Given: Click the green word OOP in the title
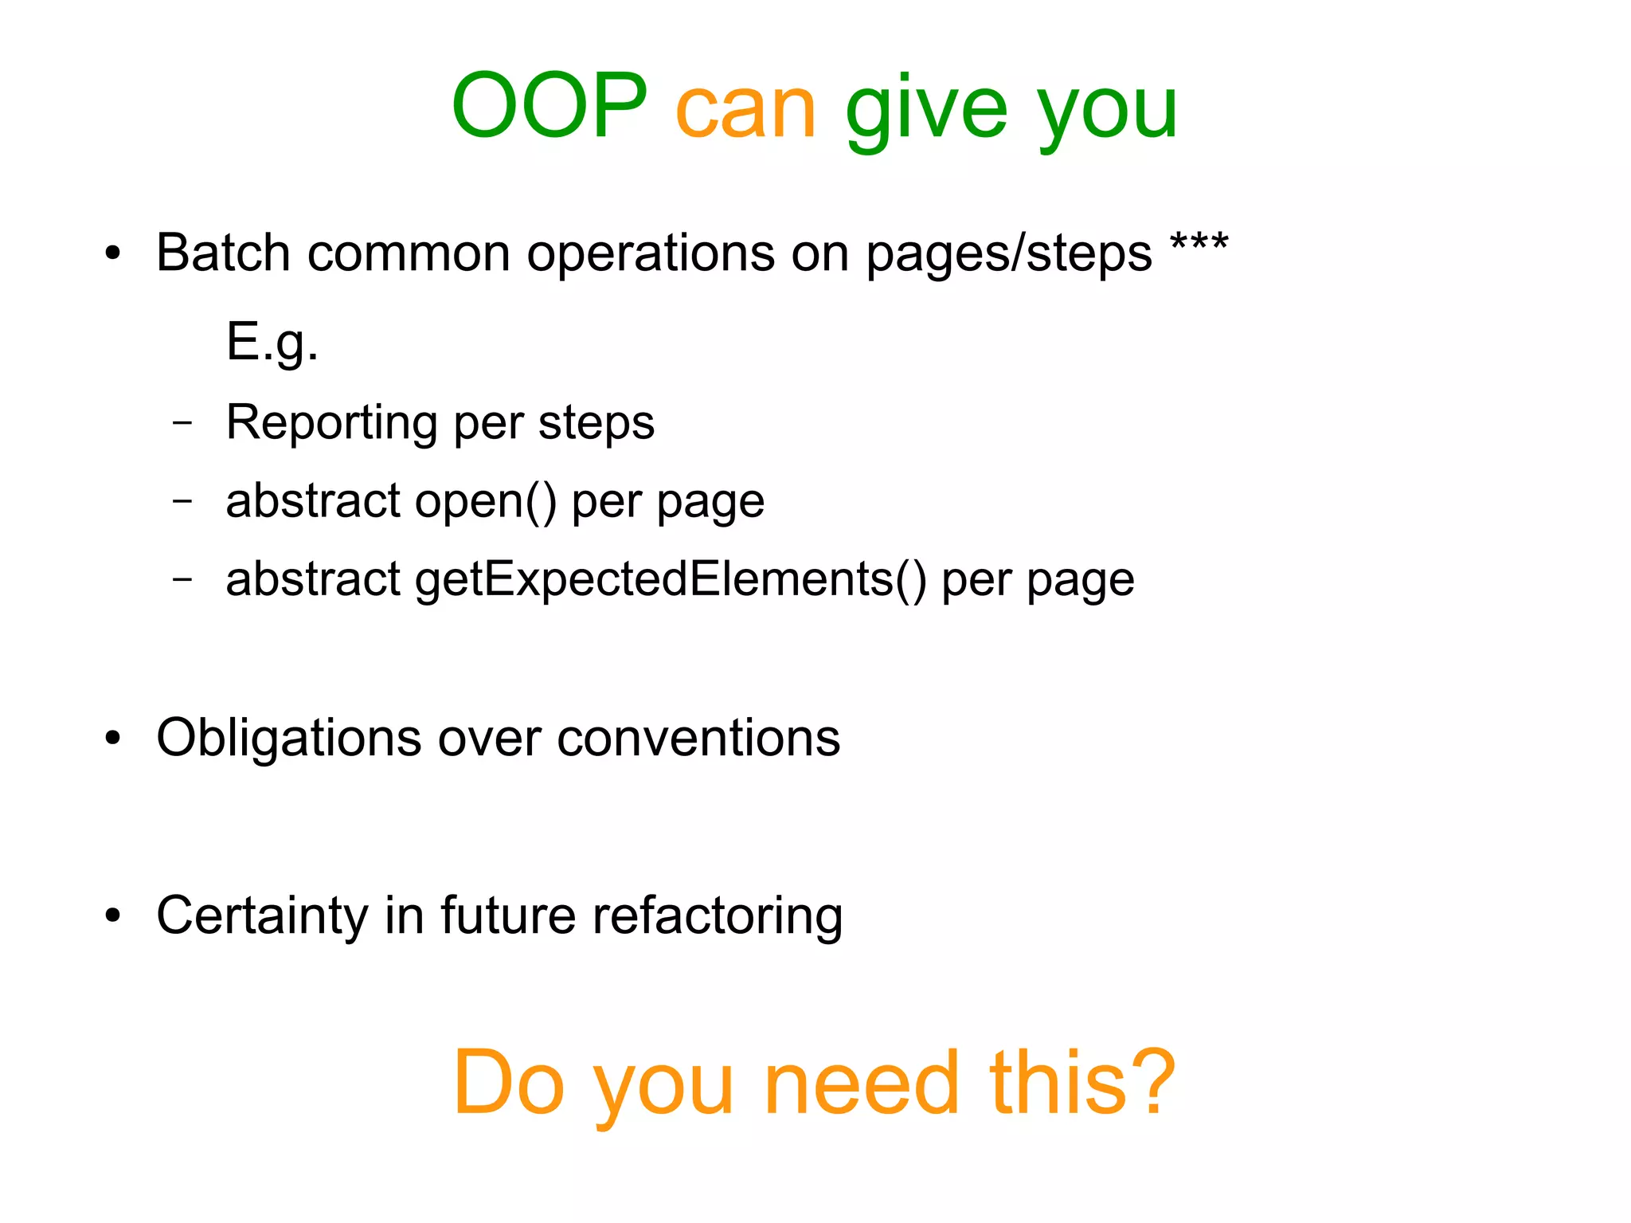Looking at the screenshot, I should click(x=550, y=106).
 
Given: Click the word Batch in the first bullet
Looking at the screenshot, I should click(x=223, y=253).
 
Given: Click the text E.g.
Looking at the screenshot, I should click(x=272, y=343).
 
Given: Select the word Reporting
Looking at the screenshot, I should click(x=331, y=423).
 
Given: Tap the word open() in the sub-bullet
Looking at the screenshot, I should click(x=485, y=501).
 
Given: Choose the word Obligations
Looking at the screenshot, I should click(x=288, y=739).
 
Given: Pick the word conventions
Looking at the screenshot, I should click(x=698, y=739).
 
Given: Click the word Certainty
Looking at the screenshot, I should click(x=262, y=916).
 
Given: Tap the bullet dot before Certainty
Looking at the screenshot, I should click(x=113, y=917).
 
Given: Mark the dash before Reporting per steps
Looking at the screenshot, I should click(x=182, y=422).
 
